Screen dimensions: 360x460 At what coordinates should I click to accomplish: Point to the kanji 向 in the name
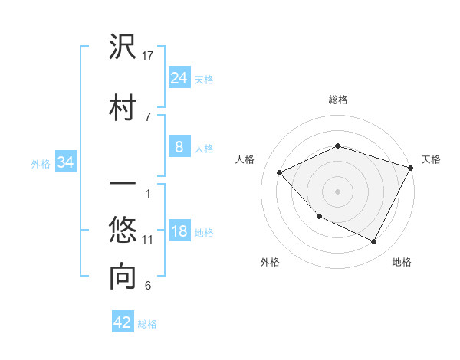pyautogui.click(x=123, y=277)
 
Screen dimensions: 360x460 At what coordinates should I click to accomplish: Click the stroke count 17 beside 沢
pyautogui.click(x=149, y=56)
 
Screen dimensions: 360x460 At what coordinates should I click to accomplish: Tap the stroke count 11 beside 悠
pyautogui.click(x=148, y=240)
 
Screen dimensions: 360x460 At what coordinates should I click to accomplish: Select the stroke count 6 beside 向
pyautogui.click(x=148, y=286)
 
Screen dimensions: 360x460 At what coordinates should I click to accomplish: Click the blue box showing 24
pyautogui.click(x=179, y=77)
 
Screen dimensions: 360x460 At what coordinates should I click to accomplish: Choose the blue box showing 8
pyautogui.click(x=179, y=147)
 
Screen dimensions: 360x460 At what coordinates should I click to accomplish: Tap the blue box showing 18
pyautogui.click(x=179, y=231)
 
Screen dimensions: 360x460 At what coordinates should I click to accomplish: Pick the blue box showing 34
pyautogui.click(x=65, y=162)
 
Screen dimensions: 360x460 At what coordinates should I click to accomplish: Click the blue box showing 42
pyautogui.click(x=122, y=322)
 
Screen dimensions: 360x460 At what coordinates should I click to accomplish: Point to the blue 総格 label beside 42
pyautogui.click(x=147, y=324)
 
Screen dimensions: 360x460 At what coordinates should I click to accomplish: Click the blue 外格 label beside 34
pyautogui.click(x=41, y=163)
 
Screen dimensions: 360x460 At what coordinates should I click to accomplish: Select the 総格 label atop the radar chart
pyautogui.click(x=338, y=100)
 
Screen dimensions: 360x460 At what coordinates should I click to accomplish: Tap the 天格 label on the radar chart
pyautogui.click(x=431, y=159)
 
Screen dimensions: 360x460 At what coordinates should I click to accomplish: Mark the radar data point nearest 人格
pyautogui.click(x=280, y=172)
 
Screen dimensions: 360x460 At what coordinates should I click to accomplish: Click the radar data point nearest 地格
pyautogui.click(x=373, y=242)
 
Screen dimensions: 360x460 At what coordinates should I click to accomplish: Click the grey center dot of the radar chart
pyautogui.click(x=338, y=191)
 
